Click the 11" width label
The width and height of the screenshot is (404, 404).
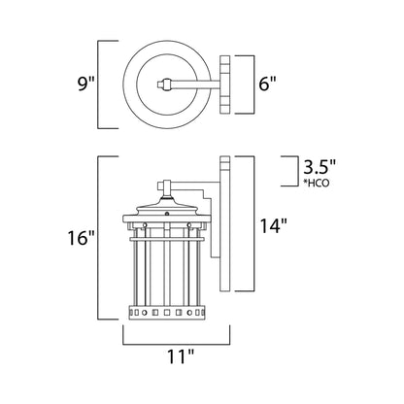tap(177, 357)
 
